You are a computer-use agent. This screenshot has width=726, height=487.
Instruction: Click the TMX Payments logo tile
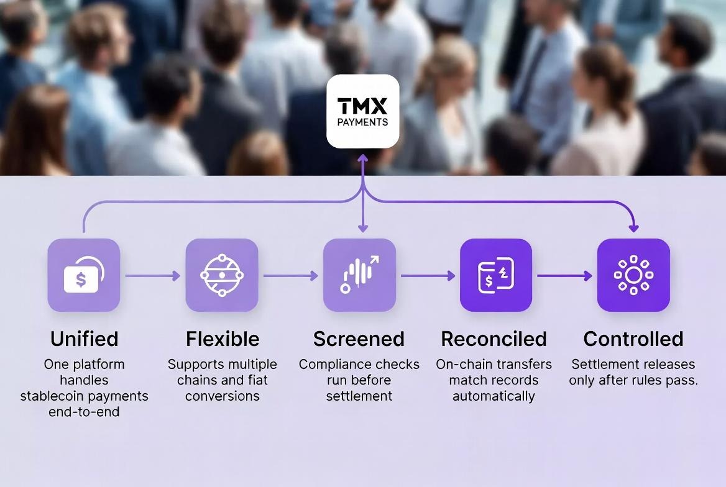[x=363, y=111]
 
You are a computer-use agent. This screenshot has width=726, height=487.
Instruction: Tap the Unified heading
[x=84, y=339]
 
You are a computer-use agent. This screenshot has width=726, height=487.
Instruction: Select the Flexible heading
[x=222, y=339]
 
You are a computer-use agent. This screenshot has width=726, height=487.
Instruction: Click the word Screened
[x=359, y=339]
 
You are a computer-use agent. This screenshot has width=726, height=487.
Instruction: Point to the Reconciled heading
[x=494, y=339]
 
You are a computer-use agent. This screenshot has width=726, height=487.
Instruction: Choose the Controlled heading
[x=633, y=339]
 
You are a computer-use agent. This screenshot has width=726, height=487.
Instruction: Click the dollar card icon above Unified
[x=84, y=275]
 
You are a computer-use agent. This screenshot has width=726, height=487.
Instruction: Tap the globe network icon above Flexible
[x=222, y=275]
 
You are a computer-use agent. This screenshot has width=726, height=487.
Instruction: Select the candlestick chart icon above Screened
[x=359, y=275]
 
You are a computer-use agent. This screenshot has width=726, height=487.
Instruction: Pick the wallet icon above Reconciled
[x=496, y=275]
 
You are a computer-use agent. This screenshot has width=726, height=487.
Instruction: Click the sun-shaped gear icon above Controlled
[x=633, y=275]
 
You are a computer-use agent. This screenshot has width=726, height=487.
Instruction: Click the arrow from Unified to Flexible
[x=152, y=275]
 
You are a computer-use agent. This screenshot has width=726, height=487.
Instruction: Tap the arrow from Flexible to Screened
[x=290, y=275]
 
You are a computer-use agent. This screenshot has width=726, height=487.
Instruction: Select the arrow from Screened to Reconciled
[x=428, y=275]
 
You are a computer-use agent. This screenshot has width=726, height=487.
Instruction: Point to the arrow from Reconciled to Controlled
[x=564, y=275]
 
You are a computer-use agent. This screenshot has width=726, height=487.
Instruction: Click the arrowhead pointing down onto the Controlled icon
[x=633, y=228]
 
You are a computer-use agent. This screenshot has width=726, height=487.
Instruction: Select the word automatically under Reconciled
[x=494, y=396]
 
